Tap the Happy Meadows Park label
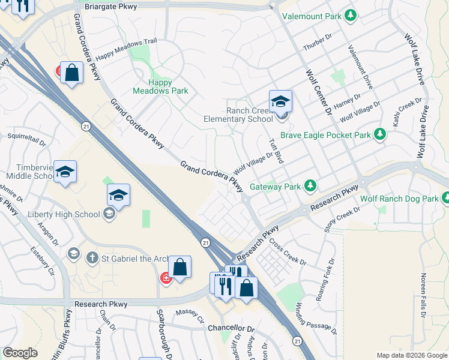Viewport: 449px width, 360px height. click(160, 87)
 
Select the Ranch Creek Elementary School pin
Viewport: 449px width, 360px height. click(280, 102)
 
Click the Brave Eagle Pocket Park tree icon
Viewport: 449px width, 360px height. click(379, 134)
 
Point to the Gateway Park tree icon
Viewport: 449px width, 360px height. click(310, 186)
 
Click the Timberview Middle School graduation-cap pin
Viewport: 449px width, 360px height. click(64, 172)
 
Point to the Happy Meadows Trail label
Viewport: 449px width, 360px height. click(126, 54)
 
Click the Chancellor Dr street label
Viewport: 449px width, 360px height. click(231, 329)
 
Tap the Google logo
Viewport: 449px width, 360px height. click(20, 353)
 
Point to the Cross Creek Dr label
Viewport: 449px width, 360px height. click(288, 254)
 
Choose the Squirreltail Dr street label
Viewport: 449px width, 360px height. click(26, 139)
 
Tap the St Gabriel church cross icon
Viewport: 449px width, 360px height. click(92, 258)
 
